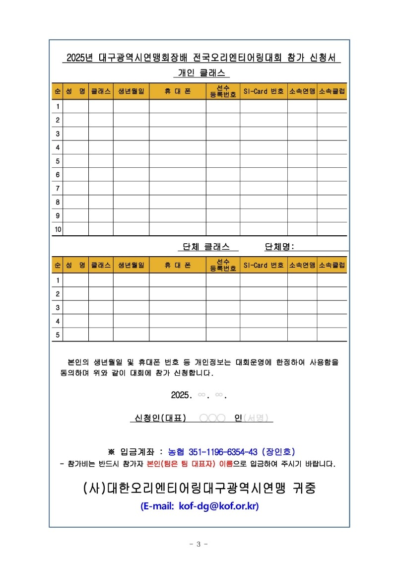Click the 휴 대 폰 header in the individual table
click(x=177, y=91)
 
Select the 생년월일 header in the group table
click(x=131, y=265)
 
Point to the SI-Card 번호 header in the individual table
click(x=264, y=91)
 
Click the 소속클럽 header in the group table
click(x=332, y=265)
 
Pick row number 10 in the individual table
click(x=58, y=229)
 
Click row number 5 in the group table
click(x=58, y=335)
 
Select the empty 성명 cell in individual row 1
click(x=76, y=106)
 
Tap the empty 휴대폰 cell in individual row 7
click(x=177, y=188)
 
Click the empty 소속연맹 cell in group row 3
click(x=302, y=307)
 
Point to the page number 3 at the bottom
click(x=198, y=544)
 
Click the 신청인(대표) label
click(x=157, y=418)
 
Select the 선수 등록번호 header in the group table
click(x=223, y=265)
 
